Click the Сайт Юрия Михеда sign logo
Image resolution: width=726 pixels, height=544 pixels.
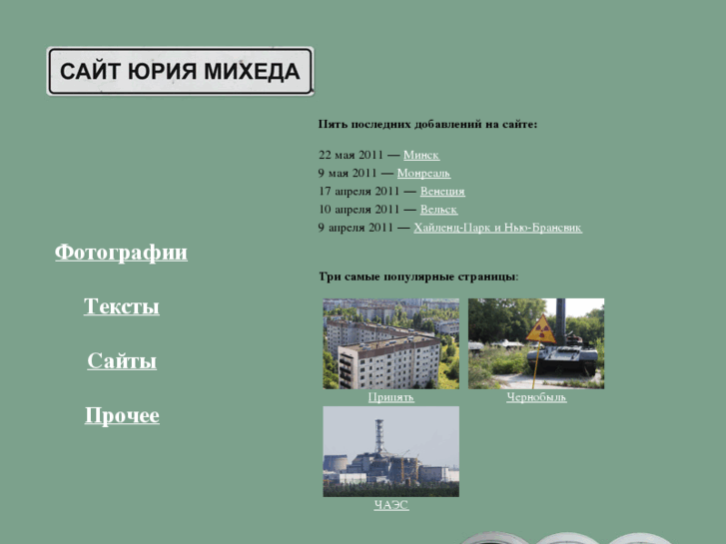180,71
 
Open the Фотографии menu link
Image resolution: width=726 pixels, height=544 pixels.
121,253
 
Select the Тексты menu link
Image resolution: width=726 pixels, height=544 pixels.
121,306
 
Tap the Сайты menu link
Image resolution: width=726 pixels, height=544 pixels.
121,361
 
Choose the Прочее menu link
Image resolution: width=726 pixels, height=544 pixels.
121,415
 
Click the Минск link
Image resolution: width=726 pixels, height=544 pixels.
420,155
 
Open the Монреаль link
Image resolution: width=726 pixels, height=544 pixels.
423,173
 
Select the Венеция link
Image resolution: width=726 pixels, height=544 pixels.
442,191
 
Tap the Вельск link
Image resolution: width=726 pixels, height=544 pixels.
438,210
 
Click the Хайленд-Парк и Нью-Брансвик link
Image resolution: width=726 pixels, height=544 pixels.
497,228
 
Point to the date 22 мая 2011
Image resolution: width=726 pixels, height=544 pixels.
351,155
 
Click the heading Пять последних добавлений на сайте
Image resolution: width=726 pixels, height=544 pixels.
427,124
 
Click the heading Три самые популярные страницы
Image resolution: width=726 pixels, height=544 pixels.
418,275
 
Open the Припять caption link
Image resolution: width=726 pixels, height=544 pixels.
390,397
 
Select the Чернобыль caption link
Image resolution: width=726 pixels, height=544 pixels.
536,397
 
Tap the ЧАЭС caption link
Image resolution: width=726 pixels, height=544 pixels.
390,505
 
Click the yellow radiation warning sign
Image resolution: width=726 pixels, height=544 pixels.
540,329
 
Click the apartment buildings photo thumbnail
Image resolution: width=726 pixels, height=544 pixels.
390,343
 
